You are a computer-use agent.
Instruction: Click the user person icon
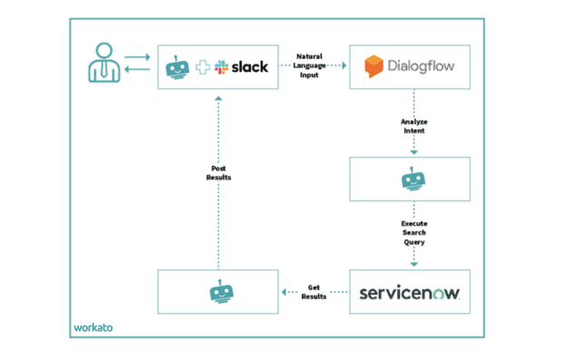pos(104,67)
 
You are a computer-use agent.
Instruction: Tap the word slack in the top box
pos(248,68)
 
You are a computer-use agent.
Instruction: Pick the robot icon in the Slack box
pos(177,67)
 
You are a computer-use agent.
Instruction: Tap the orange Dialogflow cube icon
pos(373,67)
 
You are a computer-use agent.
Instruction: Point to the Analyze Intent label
pos(413,126)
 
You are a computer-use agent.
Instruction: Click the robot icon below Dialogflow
pos(413,179)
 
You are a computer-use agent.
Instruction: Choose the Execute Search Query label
pos(413,232)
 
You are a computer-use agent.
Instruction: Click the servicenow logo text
pos(410,293)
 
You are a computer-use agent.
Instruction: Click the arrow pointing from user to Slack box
pos(138,58)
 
